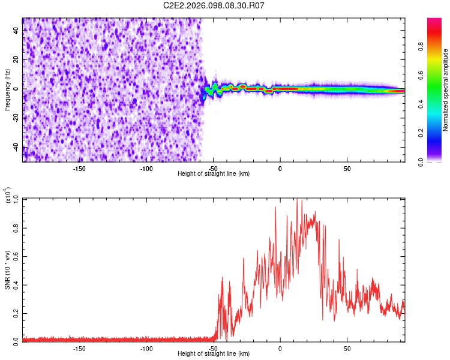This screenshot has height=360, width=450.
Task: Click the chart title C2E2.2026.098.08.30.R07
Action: [214, 5]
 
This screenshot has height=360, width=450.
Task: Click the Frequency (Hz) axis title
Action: [7, 90]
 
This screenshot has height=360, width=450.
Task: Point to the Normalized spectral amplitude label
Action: [446, 90]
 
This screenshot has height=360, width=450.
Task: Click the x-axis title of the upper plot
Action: [214, 173]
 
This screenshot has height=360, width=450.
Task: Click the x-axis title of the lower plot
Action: [214, 353]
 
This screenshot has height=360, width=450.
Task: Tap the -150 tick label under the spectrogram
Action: [79, 168]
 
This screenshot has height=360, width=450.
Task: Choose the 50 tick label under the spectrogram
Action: [347, 168]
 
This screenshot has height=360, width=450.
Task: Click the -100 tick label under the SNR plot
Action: [146, 348]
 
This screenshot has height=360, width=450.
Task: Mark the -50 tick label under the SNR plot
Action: [213, 348]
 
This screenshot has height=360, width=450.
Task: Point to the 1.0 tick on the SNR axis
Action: [16, 199]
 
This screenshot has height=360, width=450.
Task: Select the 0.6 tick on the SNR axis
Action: [16, 256]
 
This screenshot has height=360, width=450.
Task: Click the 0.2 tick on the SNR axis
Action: [16, 313]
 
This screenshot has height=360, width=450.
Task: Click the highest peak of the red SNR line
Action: [297, 200]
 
